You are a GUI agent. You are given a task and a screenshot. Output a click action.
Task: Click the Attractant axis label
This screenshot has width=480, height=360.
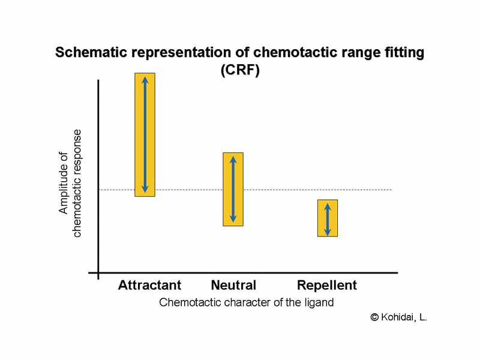click(x=149, y=285)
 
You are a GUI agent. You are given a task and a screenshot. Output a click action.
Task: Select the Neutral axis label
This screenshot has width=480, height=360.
click(x=233, y=285)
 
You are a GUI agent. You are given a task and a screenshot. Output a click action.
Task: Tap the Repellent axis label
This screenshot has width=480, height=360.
click(x=327, y=285)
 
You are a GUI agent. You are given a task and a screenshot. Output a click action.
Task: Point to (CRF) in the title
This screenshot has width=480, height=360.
click(x=240, y=70)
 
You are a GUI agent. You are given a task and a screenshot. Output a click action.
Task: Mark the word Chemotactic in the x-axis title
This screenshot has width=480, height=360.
click(x=188, y=302)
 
